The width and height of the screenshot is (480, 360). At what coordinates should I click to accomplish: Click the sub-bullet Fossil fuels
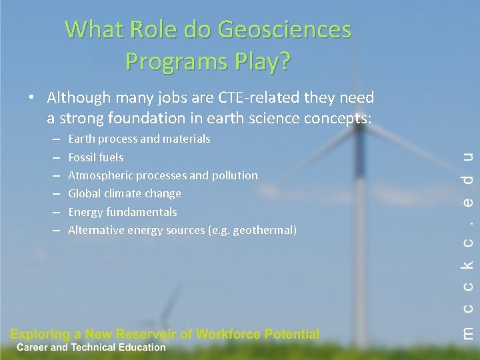96,157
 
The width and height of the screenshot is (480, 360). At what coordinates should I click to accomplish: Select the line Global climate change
125,193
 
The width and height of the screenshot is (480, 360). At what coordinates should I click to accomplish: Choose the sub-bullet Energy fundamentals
123,212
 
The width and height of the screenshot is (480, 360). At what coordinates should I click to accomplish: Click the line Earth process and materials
139,139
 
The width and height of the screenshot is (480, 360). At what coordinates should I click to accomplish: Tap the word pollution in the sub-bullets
234,175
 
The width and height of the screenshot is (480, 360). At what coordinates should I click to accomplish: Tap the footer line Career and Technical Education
91,347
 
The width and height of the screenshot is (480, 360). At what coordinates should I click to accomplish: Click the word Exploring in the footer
38,335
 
